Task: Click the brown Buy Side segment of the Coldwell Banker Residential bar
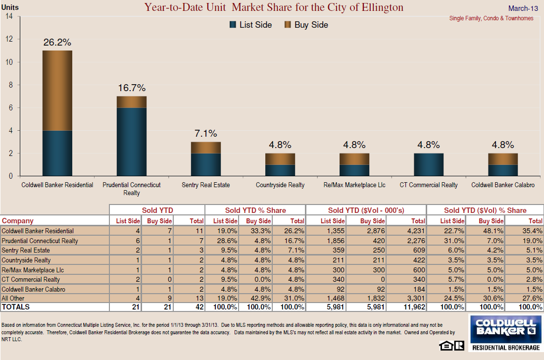point(57,90)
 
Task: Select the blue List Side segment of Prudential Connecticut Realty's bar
point(131,142)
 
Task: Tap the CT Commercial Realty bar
point(429,164)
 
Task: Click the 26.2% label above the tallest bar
point(57,42)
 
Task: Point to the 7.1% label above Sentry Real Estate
point(205,134)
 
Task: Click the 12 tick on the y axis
point(9,39)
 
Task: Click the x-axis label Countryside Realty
point(280,185)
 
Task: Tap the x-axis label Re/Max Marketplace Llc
point(354,185)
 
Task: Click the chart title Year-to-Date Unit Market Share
point(274,7)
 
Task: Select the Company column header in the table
point(18,221)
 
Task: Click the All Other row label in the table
point(12,298)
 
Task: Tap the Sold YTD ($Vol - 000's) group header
point(366,210)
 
